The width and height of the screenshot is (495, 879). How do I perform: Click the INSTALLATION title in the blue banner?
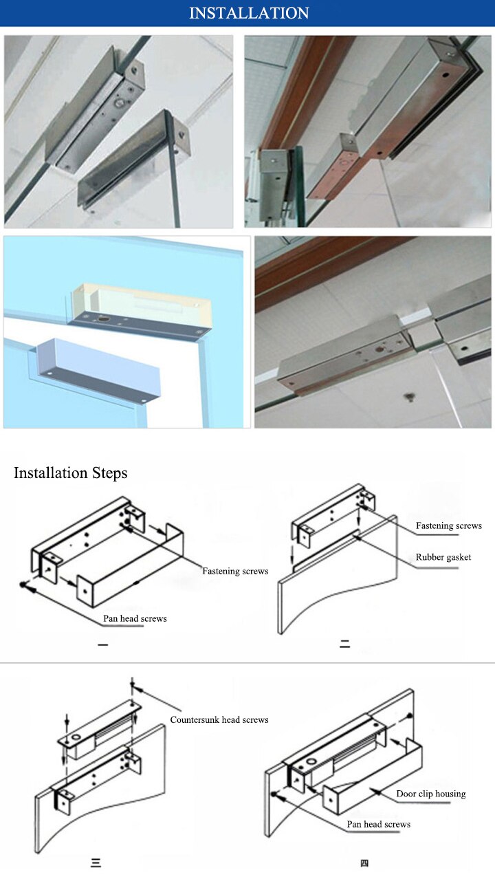pos(249,13)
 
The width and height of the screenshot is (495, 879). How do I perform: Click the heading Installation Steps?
pos(71,473)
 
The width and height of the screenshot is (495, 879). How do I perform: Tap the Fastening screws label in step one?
pos(235,571)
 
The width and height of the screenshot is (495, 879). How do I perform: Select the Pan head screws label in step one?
pos(135,618)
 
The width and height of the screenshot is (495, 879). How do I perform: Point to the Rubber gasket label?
pos(443,557)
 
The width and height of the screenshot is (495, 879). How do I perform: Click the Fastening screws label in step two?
pos(449,526)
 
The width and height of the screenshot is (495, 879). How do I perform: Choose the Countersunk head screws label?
pos(219,719)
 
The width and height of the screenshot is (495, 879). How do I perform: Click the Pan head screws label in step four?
pos(379,824)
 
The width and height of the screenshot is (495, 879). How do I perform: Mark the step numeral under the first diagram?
pos(102,644)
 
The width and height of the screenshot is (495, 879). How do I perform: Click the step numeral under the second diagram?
pos(344,644)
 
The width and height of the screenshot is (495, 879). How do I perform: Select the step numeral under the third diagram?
pos(96,863)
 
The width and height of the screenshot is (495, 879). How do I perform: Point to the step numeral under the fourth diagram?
pos(364,863)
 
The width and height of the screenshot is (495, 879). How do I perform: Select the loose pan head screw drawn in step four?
pos(274,794)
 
